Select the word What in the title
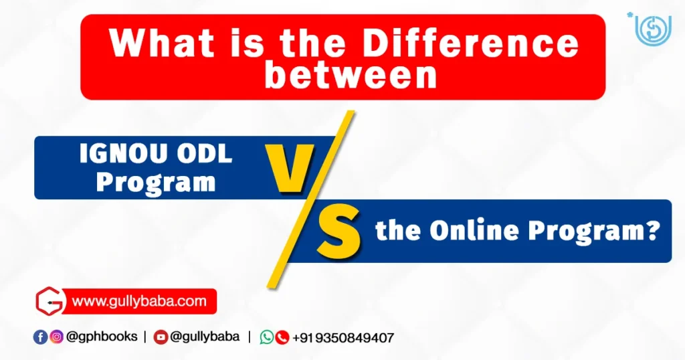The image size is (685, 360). pos(162,43)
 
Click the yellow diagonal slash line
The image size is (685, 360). pos(310,199)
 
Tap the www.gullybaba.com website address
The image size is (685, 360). pos(139,301)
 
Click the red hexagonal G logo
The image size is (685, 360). pos(50,301)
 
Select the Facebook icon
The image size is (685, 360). pos(41,337)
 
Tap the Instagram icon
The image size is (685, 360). pos(56,337)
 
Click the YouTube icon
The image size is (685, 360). pos(161,337)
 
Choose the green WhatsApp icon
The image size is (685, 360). pos(267,337)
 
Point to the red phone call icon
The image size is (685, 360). pos(282,337)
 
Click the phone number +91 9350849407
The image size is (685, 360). pos(343,338)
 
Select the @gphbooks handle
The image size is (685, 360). pos(102,337)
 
